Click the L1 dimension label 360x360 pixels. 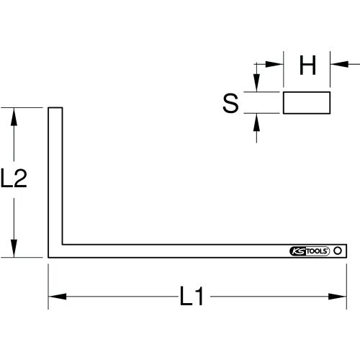[x=191, y=297]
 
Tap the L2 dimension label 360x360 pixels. [x=14, y=178]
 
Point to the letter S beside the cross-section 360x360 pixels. [x=230, y=103]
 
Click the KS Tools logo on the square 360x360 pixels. [x=308, y=251]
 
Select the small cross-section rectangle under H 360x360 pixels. [x=307, y=103]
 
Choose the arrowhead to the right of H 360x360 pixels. [x=337, y=64]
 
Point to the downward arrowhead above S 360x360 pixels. [x=255, y=86]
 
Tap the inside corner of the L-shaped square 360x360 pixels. [x=62, y=243]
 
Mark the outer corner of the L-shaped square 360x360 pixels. [x=49, y=257]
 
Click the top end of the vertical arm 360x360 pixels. [x=55, y=109]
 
